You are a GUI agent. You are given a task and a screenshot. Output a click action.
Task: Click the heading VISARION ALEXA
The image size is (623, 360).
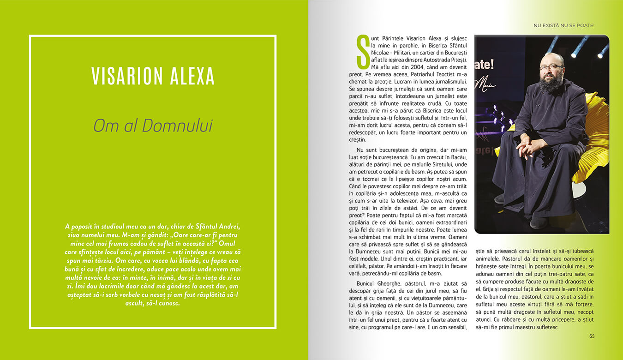tap(153, 76)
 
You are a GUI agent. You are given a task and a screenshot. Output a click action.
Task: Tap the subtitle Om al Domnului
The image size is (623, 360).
tap(153, 126)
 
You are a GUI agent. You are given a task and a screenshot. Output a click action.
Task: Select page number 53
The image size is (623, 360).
tap(592, 336)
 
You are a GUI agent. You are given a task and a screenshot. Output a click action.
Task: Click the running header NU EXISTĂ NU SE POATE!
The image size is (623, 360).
tap(564, 25)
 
